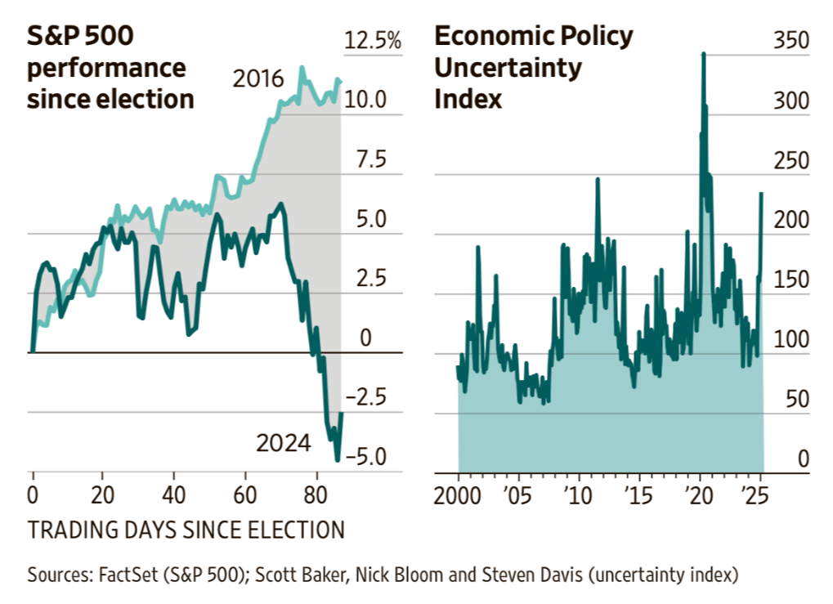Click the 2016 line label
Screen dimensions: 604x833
258,80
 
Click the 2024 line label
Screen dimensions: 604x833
283,443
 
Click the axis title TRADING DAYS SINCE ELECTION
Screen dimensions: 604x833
186,530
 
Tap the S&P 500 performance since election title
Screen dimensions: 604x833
110,68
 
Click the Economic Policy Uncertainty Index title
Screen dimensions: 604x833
533,68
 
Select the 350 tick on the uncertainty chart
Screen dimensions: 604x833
791,41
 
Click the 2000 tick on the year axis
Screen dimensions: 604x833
458,495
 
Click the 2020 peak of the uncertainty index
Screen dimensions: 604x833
703,54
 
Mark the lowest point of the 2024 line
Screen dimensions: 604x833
336,461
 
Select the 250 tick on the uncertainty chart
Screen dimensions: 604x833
791,161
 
